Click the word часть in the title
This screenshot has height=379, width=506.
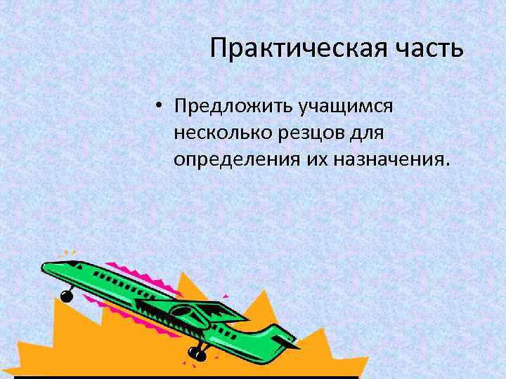[428, 49]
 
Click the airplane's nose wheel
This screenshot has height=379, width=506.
[67, 295]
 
